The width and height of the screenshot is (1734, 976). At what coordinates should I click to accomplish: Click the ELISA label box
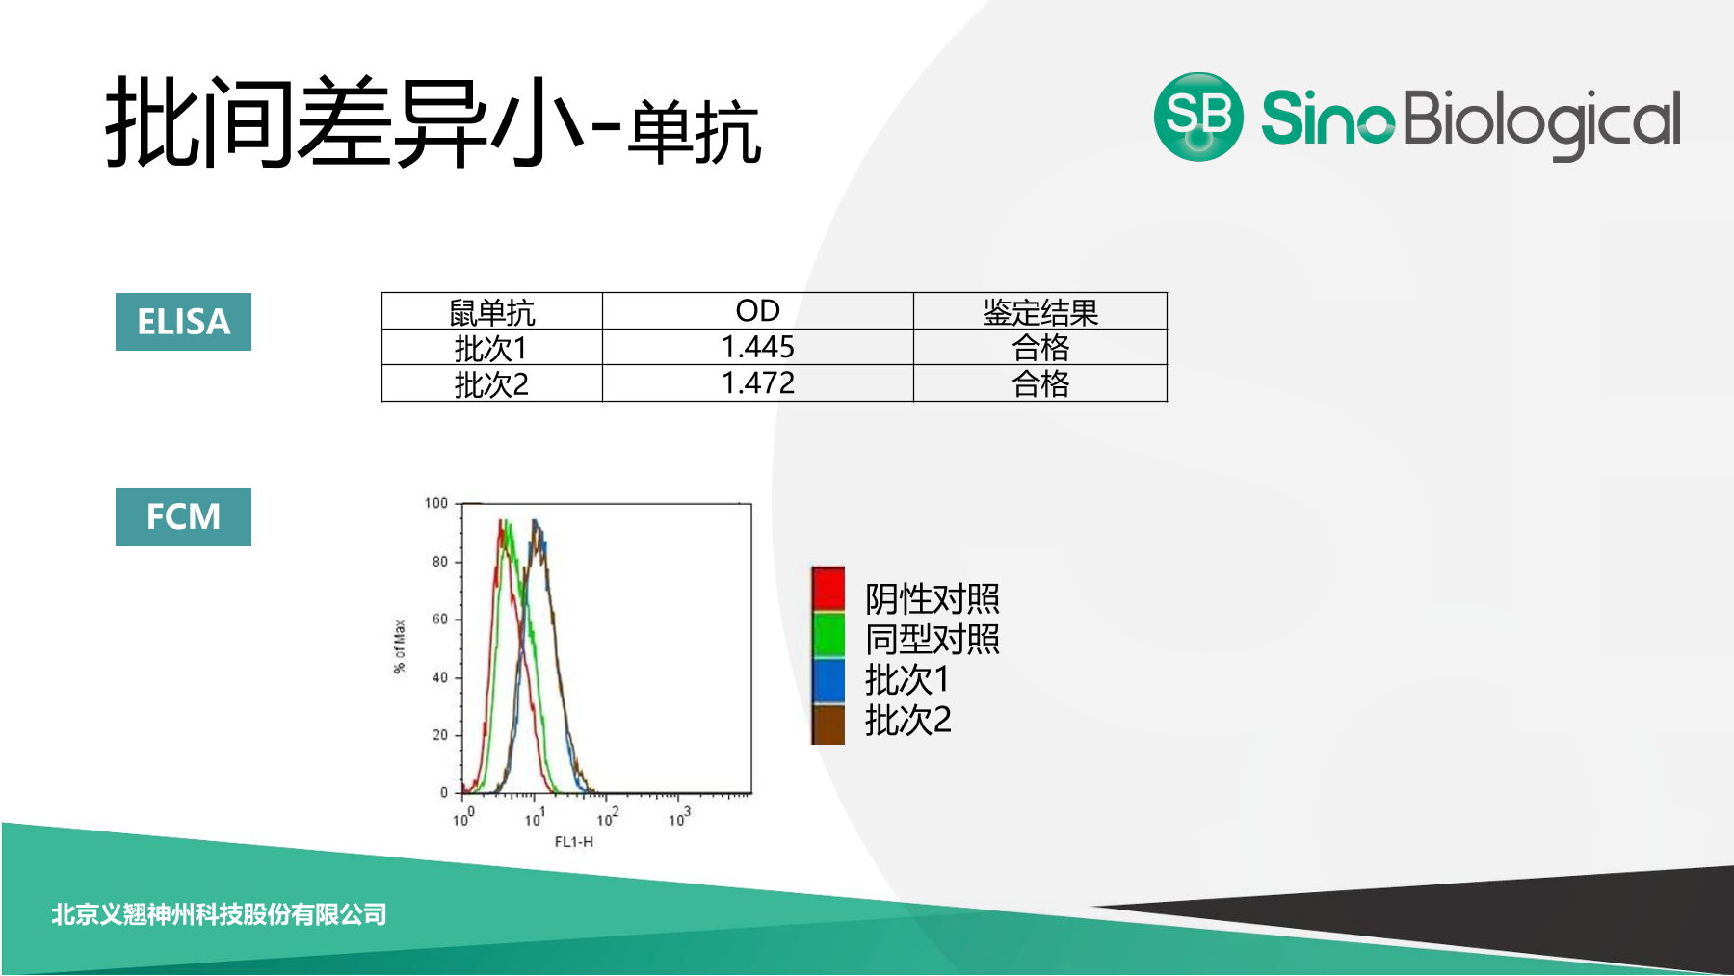(x=183, y=322)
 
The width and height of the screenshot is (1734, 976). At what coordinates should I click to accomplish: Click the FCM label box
(x=183, y=516)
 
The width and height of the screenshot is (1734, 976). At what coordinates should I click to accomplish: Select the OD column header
(x=758, y=311)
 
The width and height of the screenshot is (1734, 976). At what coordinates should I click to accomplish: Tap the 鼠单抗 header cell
(x=492, y=312)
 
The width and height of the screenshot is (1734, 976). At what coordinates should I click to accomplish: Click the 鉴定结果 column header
(x=1040, y=312)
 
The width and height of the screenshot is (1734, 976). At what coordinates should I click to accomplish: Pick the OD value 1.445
(x=758, y=347)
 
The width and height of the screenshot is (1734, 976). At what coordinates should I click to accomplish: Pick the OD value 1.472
(x=758, y=383)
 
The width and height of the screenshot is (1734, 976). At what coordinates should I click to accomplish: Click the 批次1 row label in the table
(x=491, y=348)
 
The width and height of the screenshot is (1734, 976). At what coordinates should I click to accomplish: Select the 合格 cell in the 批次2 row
(x=1040, y=383)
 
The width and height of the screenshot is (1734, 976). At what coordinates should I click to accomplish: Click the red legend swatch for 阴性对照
(x=828, y=589)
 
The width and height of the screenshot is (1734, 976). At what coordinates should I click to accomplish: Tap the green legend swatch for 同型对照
(x=828, y=634)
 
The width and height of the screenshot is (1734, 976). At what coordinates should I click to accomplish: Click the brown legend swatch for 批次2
(x=828, y=724)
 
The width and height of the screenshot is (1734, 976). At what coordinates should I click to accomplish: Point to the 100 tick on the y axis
(x=436, y=503)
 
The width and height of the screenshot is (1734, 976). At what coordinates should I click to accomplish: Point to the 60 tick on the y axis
(x=440, y=619)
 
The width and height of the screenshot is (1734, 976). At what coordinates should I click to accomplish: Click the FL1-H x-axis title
(x=574, y=842)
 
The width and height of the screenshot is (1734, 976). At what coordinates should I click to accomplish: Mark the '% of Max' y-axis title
(x=400, y=646)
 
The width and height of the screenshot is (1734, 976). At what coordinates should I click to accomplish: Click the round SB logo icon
(x=1198, y=117)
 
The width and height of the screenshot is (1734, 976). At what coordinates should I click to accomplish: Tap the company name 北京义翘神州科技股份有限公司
(x=219, y=914)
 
